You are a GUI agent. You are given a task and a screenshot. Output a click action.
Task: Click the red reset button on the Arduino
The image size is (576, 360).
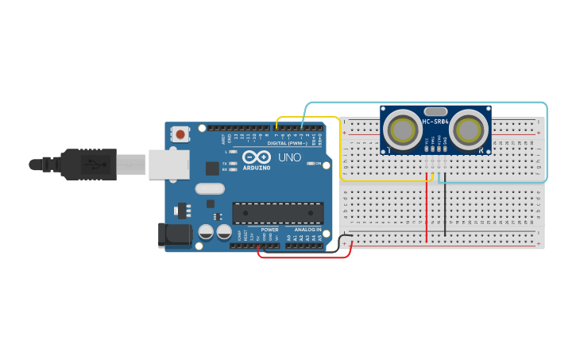pos(181,134)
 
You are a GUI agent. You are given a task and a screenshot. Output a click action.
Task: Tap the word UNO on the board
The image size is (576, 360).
pos(290,157)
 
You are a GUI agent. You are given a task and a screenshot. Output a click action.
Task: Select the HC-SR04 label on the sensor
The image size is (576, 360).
pos(435,122)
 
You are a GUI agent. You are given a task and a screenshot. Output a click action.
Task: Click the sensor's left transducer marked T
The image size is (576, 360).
pos(403,128)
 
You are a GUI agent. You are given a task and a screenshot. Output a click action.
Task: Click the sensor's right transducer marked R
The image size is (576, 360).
pos(469,128)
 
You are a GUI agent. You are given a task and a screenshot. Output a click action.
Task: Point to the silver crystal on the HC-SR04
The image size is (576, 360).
pos(435,111)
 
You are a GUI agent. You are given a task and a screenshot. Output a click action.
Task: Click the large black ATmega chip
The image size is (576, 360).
pos(278,212)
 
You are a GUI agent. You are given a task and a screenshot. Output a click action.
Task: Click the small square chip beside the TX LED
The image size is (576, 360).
pos(212,168)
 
